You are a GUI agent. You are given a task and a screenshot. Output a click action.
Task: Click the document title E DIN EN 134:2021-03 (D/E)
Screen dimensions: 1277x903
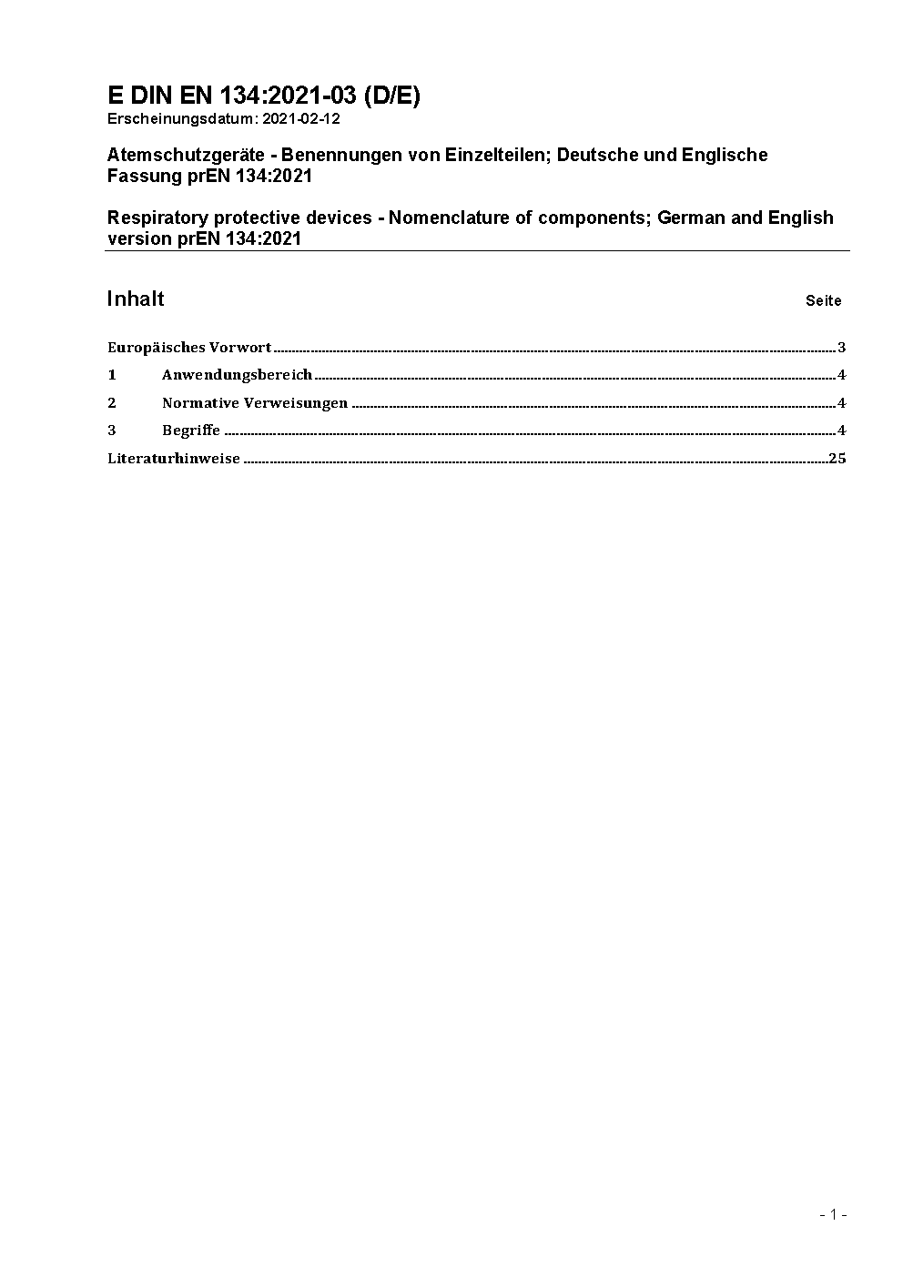coord(263,96)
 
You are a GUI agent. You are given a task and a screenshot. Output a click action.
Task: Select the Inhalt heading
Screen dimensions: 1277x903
coord(135,299)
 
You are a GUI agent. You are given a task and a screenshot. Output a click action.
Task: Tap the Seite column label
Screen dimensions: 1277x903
coord(823,300)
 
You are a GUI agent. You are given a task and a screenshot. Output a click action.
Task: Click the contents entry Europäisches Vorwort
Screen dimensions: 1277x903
coord(189,347)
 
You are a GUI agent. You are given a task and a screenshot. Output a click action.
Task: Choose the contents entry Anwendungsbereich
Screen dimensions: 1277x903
coord(237,374)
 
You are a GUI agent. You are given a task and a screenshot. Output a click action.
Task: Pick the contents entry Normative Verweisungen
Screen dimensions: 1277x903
coord(255,402)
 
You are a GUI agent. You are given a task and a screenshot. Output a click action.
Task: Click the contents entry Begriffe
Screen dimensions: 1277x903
coord(191,430)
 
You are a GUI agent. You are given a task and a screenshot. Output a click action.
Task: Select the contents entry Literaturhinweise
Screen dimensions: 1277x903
coord(174,458)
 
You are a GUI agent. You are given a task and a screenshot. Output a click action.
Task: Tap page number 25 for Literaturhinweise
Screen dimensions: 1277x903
coord(837,458)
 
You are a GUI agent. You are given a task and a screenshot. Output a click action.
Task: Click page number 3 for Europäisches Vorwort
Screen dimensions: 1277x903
coord(842,347)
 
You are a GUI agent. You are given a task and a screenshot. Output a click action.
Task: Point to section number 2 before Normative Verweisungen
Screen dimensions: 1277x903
coord(112,402)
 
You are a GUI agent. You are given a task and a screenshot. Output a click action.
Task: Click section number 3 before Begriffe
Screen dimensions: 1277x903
coord(112,430)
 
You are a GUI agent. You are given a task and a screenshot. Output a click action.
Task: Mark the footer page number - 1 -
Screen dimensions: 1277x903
coord(833,1214)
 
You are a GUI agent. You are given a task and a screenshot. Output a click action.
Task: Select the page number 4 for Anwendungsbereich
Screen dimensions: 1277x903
coord(842,374)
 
